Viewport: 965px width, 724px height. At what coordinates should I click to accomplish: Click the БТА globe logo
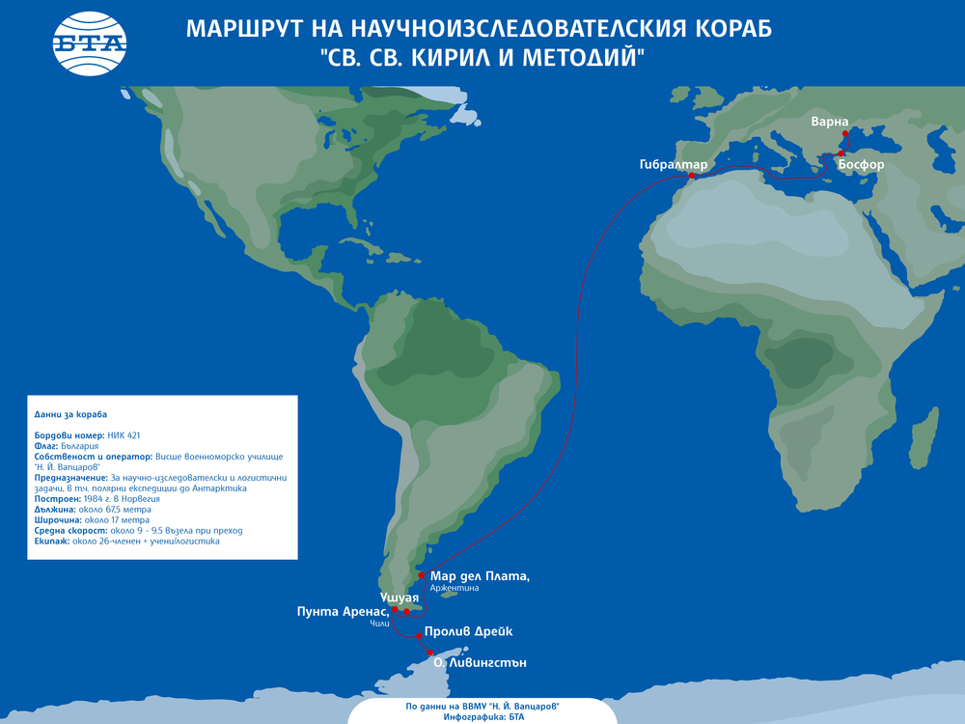[x=90, y=44]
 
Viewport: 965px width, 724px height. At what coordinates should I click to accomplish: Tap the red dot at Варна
[x=844, y=133]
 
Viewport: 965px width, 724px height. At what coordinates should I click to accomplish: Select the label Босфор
[x=861, y=165]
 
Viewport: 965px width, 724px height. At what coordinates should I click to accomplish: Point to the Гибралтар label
[x=673, y=164]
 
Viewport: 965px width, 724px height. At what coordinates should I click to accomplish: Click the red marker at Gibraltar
[x=691, y=176]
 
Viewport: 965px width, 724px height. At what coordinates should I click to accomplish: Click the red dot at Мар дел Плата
[x=421, y=575]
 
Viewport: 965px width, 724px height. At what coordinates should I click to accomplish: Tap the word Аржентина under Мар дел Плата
[x=455, y=588]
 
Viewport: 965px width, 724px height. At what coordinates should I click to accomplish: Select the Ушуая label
[x=399, y=599]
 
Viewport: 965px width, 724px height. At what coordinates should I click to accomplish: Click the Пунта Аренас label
[x=344, y=611]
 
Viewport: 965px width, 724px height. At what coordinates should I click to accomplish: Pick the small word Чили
[x=378, y=625]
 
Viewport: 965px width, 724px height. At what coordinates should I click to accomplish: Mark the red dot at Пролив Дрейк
[x=418, y=636]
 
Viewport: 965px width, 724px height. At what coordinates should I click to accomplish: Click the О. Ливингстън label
[x=480, y=663]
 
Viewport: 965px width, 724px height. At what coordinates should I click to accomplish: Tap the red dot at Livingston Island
[x=430, y=653]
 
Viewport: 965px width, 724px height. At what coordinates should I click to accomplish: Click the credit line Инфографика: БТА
[x=482, y=716]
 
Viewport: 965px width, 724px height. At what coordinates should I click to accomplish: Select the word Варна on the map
[x=831, y=122]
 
